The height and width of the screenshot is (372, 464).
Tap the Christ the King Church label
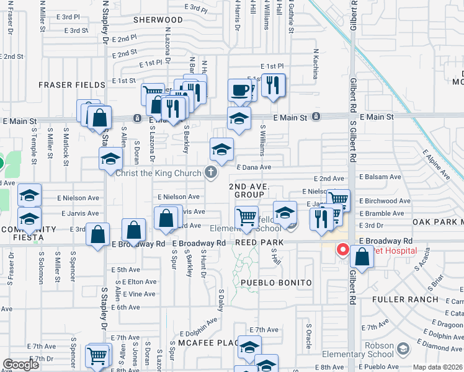pyautogui.click(x=159, y=173)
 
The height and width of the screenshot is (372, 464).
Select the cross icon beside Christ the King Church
pyautogui.click(x=212, y=172)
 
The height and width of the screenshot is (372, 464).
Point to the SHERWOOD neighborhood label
pyautogui.click(x=158, y=20)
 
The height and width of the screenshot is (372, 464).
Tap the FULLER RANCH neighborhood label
pyautogui.click(x=401, y=299)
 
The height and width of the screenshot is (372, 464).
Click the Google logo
pyautogui.click(x=21, y=365)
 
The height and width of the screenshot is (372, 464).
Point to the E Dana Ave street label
pyautogui.click(x=254, y=167)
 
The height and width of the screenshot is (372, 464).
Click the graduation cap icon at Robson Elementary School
pyautogui.click(x=403, y=350)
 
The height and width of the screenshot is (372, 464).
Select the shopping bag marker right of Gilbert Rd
pyautogui.click(x=362, y=257)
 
